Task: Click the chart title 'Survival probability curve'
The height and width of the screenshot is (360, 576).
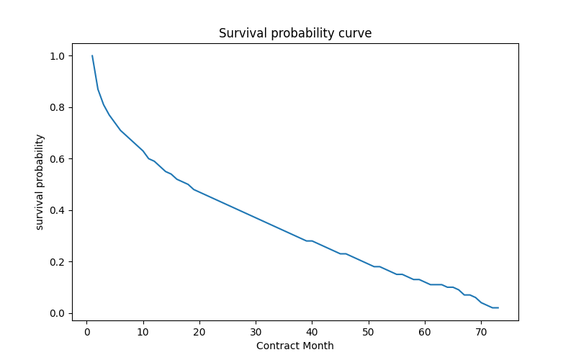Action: tap(295, 33)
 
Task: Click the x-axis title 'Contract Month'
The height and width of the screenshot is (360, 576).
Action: tap(295, 346)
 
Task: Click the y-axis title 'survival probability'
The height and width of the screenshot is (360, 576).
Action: tap(40, 182)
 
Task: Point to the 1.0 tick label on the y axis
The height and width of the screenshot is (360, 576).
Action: tap(58, 56)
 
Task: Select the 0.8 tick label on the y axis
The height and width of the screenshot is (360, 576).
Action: tap(58, 107)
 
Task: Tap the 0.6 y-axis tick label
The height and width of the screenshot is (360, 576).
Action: tap(58, 159)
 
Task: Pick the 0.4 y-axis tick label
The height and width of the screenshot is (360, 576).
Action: tap(58, 210)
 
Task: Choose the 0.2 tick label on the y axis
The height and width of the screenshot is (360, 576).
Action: tap(58, 262)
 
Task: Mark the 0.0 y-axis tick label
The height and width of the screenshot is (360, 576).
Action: tap(58, 313)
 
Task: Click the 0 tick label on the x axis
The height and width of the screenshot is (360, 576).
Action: tap(87, 332)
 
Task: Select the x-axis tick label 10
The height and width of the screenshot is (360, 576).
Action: tap(143, 332)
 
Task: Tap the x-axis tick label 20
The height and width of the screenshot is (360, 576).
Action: tap(199, 332)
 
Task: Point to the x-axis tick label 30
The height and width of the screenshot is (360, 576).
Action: tap(256, 332)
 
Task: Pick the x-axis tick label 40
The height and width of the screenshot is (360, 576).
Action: tap(312, 332)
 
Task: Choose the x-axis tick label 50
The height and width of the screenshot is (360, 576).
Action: tap(368, 332)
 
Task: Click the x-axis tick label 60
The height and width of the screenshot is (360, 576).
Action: tap(425, 332)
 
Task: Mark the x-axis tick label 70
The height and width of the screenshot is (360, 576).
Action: tap(481, 332)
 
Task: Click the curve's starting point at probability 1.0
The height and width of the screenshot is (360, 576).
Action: tap(92, 56)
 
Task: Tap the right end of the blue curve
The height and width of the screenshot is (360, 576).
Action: tap(498, 308)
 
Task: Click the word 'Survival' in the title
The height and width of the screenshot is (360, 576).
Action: tap(243, 33)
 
